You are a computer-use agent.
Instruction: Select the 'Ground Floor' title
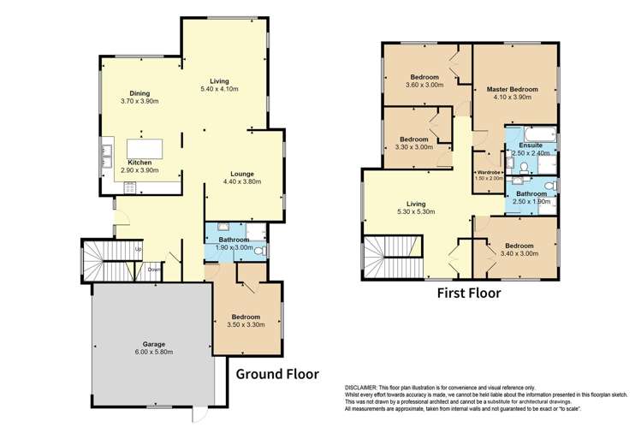(x=277, y=374)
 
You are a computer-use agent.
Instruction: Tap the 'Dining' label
(x=141, y=93)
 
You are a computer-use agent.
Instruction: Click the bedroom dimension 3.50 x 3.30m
(x=246, y=324)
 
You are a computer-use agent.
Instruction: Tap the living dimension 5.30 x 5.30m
(x=415, y=212)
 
